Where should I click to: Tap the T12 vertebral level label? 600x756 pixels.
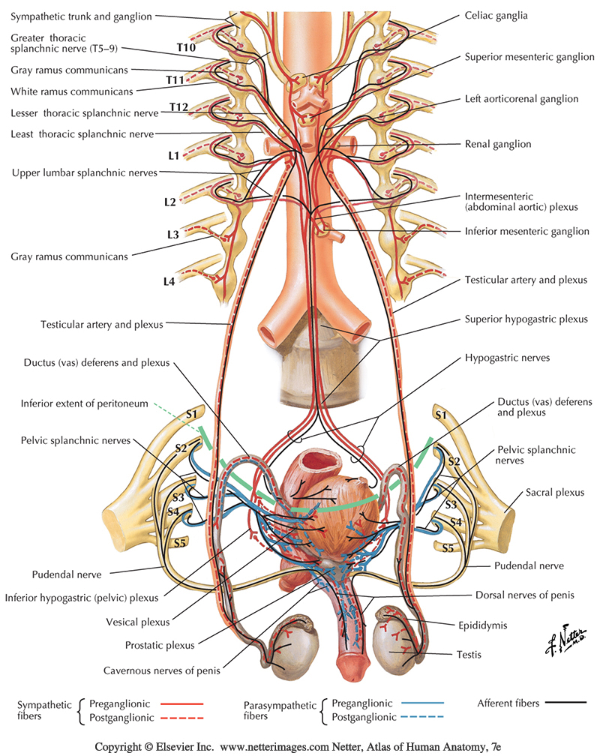coord(178,108)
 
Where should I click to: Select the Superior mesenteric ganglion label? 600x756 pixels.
coord(529,57)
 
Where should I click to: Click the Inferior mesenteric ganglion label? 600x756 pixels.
coord(527,232)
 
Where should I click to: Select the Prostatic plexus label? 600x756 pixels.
coord(160,645)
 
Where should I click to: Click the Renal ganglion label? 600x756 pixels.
coord(498,144)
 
